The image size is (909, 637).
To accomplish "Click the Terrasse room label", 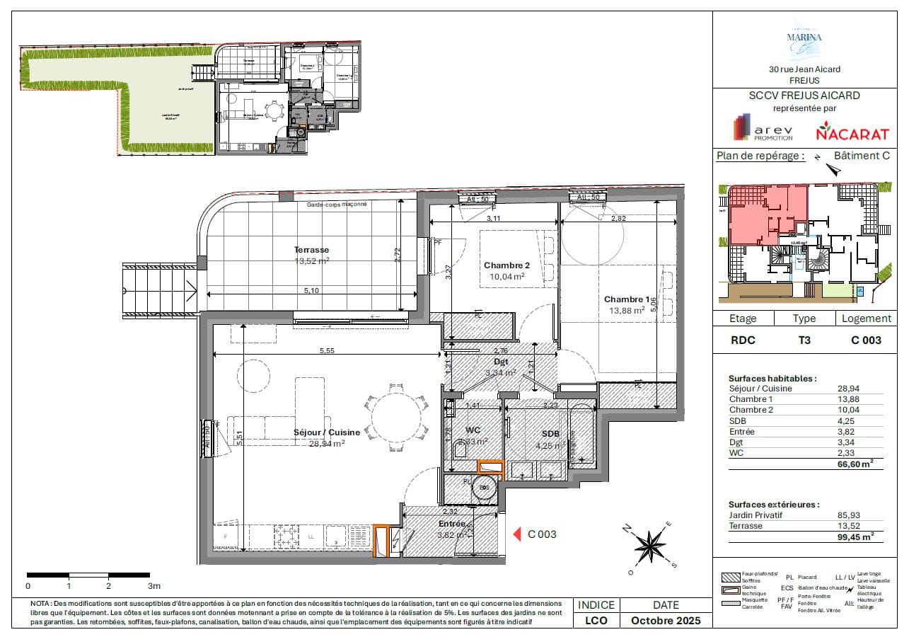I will coord(311,250).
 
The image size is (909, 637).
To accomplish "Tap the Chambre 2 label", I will coord(506,266).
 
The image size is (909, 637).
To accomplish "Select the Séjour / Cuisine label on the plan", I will coord(327,432).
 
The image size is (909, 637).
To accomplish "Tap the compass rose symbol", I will coord(648,546).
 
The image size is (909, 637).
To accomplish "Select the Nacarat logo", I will coord(843,131).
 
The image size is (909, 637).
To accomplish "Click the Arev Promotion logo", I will coord(763,128).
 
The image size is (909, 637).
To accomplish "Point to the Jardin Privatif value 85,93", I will coord(850,515).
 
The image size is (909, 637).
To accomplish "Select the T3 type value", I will coord(804,340).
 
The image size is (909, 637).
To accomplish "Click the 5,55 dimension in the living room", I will coord(327,350).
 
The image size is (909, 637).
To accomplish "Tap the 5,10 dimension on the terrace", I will coord(311,291).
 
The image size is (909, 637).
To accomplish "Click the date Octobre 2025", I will coord(666,621).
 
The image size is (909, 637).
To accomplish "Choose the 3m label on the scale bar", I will coord(154,586).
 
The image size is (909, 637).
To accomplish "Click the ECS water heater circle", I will coord(485,488).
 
